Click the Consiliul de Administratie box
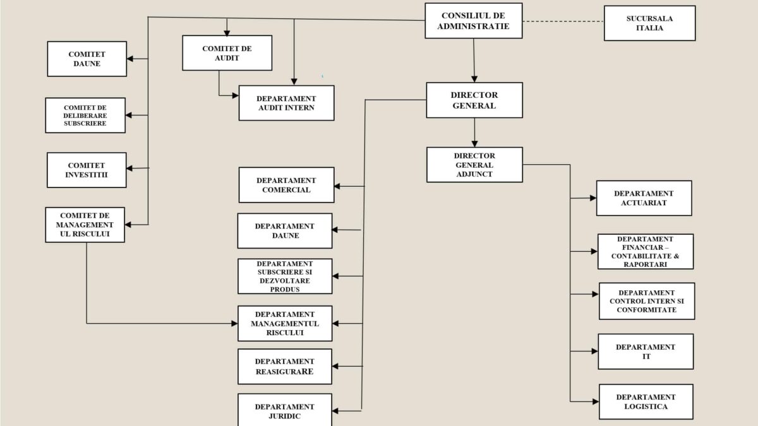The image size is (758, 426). pyautogui.click(x=473, y=21)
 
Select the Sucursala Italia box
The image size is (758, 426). pyautogui.click(x=649, y=23)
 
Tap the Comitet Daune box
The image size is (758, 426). pyautogui.click(x=87, y=59)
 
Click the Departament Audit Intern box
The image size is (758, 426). pyautogui.click(x=286, y=103)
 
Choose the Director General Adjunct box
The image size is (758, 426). pyautogui.click(x=474, y=165)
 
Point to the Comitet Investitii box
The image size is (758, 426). pyautogui.click(x=87, y=170)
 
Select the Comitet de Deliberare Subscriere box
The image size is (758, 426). pyautogui.click(x=85, y=115)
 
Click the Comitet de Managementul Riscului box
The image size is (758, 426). pyautogui.click(x=85, y=225)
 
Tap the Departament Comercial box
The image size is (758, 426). pyautogui.click(x=286, y=185)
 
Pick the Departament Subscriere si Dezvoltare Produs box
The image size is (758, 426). pyautogui.click(x=285, y=276)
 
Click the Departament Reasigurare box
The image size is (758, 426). pyautogui.click(x=285, y=367)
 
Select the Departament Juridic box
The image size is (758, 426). pyautogui.click(x=285, y=411)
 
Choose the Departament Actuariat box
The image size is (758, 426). pyautogui.click(x=644, y=198)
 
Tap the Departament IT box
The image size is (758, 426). pyautogui.click(x=646, y=352)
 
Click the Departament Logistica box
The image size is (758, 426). pyautogui.click(x=646, y=402)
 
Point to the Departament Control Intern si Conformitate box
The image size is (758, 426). pyautogui.click(x=646, y=301)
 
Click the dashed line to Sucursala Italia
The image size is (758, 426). pyautogui.click(x=563, y=21)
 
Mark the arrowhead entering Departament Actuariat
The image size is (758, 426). pyautogui.click(x=593, y=198)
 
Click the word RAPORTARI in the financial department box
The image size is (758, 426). pyautogui.click(x=646, y=264)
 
